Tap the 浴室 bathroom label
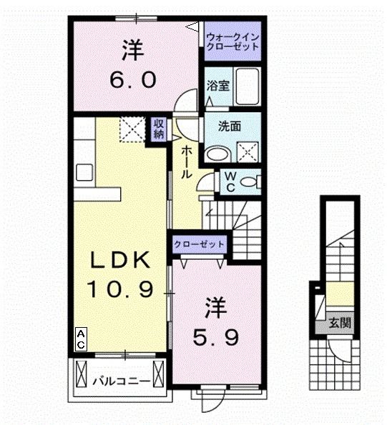(218, 86)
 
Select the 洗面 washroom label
(228, 126)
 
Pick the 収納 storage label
(157, 129)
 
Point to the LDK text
(120, 259)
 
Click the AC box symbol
(82, 339)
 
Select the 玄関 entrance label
(340, 322)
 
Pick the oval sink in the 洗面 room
(217, 153)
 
